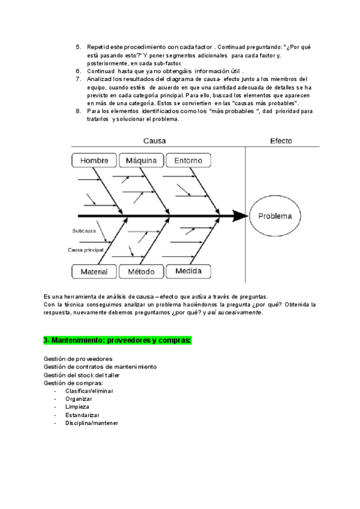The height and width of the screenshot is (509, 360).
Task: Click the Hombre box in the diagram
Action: [94, 161]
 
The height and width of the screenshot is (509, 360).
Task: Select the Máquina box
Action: [142, 161]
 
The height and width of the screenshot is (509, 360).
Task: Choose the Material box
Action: [94, 272]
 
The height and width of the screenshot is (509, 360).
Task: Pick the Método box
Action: [142, 272]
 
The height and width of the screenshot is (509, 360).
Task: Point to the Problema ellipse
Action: [275, 216]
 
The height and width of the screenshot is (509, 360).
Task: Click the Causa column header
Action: [154, 141]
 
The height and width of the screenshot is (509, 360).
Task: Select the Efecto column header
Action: [281, 141]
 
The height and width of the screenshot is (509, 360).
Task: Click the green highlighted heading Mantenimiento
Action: [118, 340]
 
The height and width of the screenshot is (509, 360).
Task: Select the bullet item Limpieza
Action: [77, 407]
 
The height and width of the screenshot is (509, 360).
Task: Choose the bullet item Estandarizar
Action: [83, 415]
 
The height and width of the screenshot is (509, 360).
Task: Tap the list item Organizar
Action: [79, 399]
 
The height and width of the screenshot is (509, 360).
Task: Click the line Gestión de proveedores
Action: [78, 358]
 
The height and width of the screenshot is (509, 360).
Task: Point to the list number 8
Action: [79, 111]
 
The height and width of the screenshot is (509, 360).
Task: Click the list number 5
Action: [79, 47]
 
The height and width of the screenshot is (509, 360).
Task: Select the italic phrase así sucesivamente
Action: [235, 313]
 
